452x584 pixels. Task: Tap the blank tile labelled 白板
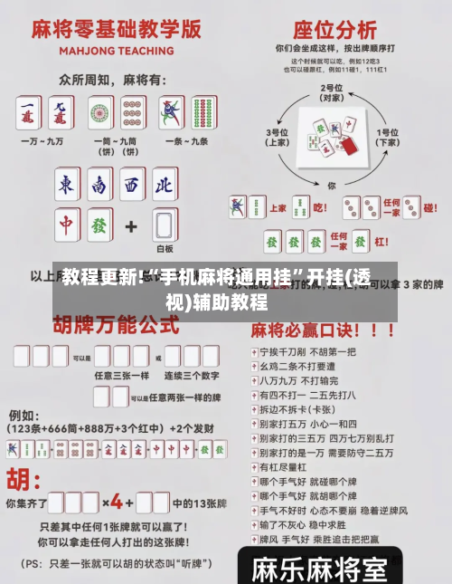pyautogui.click(x=165, y=225)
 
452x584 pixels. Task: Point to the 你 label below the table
pyautogui.click(x=332, y=184)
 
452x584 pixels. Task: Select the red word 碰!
pyautogui.click(x=431, y=208)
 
